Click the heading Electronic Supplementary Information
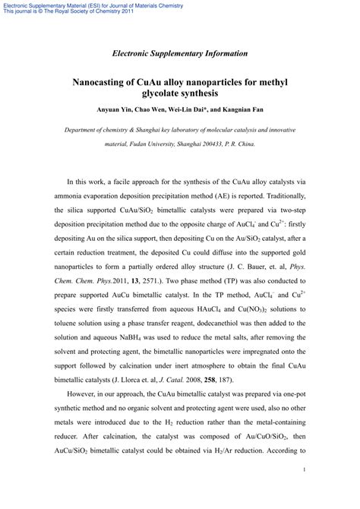point(179,53)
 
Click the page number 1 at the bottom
point(304,492)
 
